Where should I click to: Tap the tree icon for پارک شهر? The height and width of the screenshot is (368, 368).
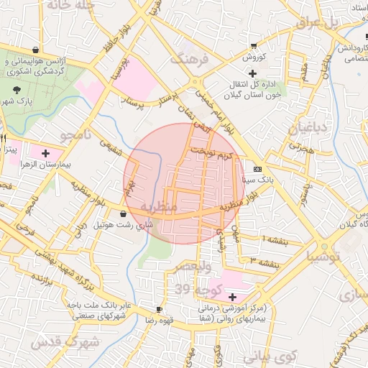[x=17, y=90]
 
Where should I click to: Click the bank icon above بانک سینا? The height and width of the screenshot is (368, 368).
[x=257, y=169]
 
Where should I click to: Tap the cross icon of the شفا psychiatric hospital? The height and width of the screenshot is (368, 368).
[x=231, y=297]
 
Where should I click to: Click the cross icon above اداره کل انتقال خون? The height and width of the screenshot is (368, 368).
[x=252, y=73]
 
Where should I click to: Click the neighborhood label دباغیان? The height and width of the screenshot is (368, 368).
[x=307, y=129]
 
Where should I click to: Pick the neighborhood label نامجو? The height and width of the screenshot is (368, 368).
[x=76, y=135]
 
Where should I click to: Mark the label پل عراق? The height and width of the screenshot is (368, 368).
[x=318, y=22]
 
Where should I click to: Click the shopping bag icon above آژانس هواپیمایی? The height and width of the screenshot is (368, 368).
[x=36, y=50]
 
